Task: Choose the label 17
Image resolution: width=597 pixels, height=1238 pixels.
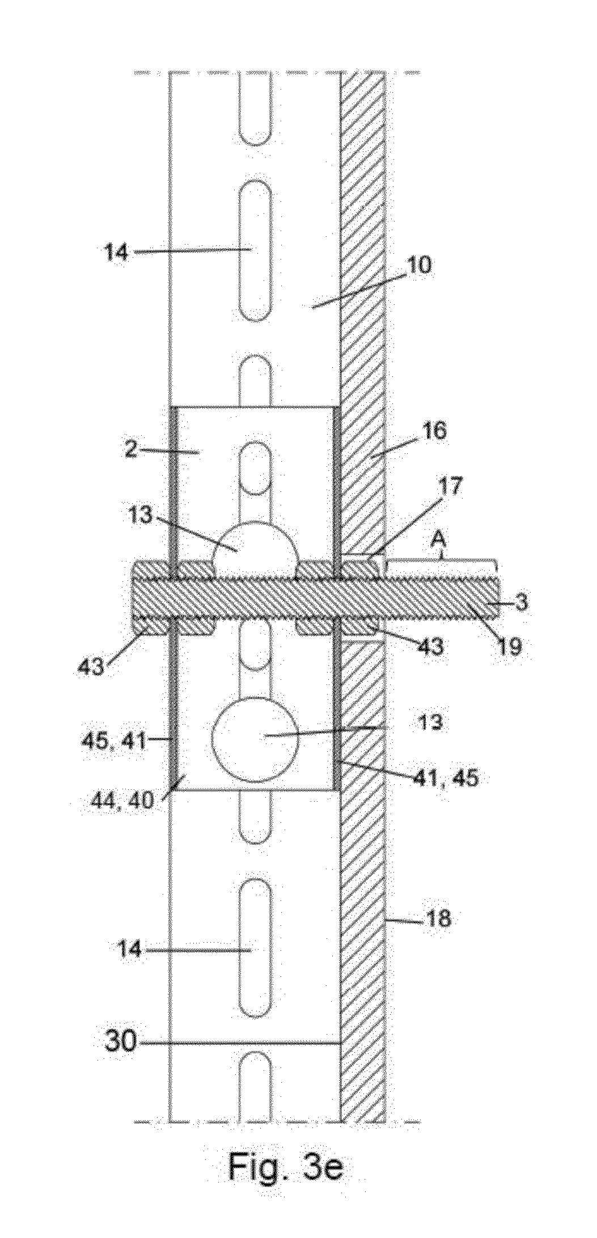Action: (449, 487)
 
